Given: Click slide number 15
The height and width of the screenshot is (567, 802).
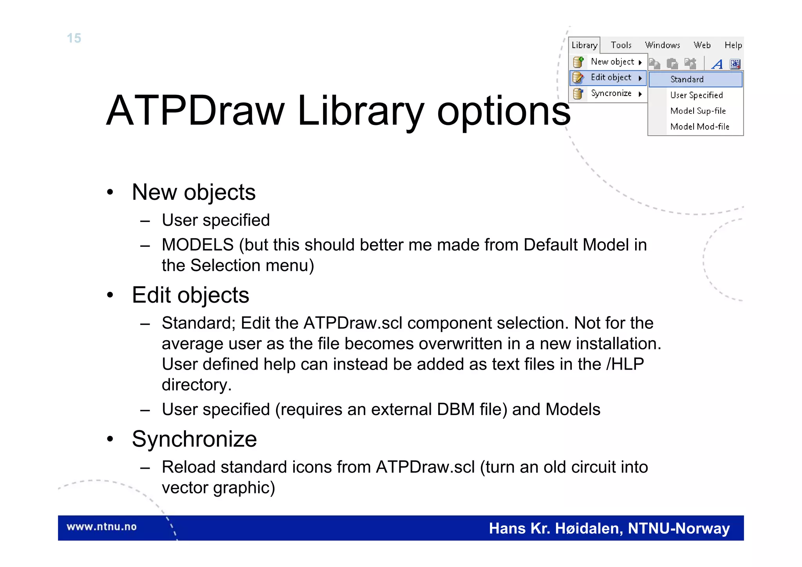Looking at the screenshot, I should click(x=74, y=38).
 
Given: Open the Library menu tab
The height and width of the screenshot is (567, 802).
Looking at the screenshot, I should click(x=584, y=45).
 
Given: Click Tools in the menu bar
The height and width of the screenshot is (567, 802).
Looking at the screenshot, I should click(x=621, y=45).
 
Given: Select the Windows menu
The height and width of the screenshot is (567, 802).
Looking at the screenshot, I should click(x=663, y=45).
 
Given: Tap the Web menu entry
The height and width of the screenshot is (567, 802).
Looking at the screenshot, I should click(x=702, y=45).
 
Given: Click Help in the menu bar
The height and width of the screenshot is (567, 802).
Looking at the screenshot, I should click(x=733, y=45).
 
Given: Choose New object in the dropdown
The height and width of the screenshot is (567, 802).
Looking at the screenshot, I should click(x=612, y=62).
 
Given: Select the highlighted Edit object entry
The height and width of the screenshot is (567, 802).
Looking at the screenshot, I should click(x=611, y=78).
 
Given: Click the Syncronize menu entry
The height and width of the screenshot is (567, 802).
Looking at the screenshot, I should click(x=611, y=94).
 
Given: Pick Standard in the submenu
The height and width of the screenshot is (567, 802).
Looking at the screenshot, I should click(x=687, y=79).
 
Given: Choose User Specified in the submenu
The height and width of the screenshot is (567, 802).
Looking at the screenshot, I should click(x=696, y=95).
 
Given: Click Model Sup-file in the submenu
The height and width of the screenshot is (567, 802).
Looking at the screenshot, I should click(x=698, y=111).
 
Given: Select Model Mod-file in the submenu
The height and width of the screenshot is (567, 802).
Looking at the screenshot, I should click(x=700, y=127).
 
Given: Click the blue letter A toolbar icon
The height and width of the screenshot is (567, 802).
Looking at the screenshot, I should click(x=717, y=64).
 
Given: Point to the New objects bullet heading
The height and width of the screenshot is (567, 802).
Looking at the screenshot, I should click(x=193, y=192).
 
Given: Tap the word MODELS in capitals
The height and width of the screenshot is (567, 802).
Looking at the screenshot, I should click(x=198, y=245).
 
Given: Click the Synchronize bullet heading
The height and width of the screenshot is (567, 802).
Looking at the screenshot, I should click(x=194, y=439).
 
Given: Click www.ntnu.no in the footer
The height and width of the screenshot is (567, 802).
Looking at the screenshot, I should click(x=101, y=527).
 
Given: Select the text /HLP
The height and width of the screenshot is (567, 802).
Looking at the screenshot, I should click(x=625, y=364).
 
